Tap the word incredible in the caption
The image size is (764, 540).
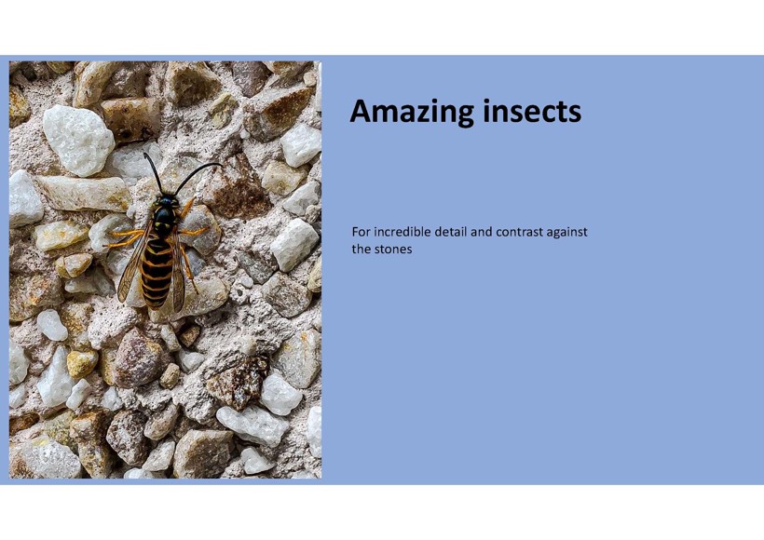point(402,232)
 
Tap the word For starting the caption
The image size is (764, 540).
point(361,232)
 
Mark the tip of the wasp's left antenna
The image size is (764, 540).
point(144,155)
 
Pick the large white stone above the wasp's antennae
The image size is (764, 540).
point(78,140)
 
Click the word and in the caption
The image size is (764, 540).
point(481,232)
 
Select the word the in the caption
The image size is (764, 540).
point(361,250)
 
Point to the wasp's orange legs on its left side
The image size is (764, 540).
point(127,237)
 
